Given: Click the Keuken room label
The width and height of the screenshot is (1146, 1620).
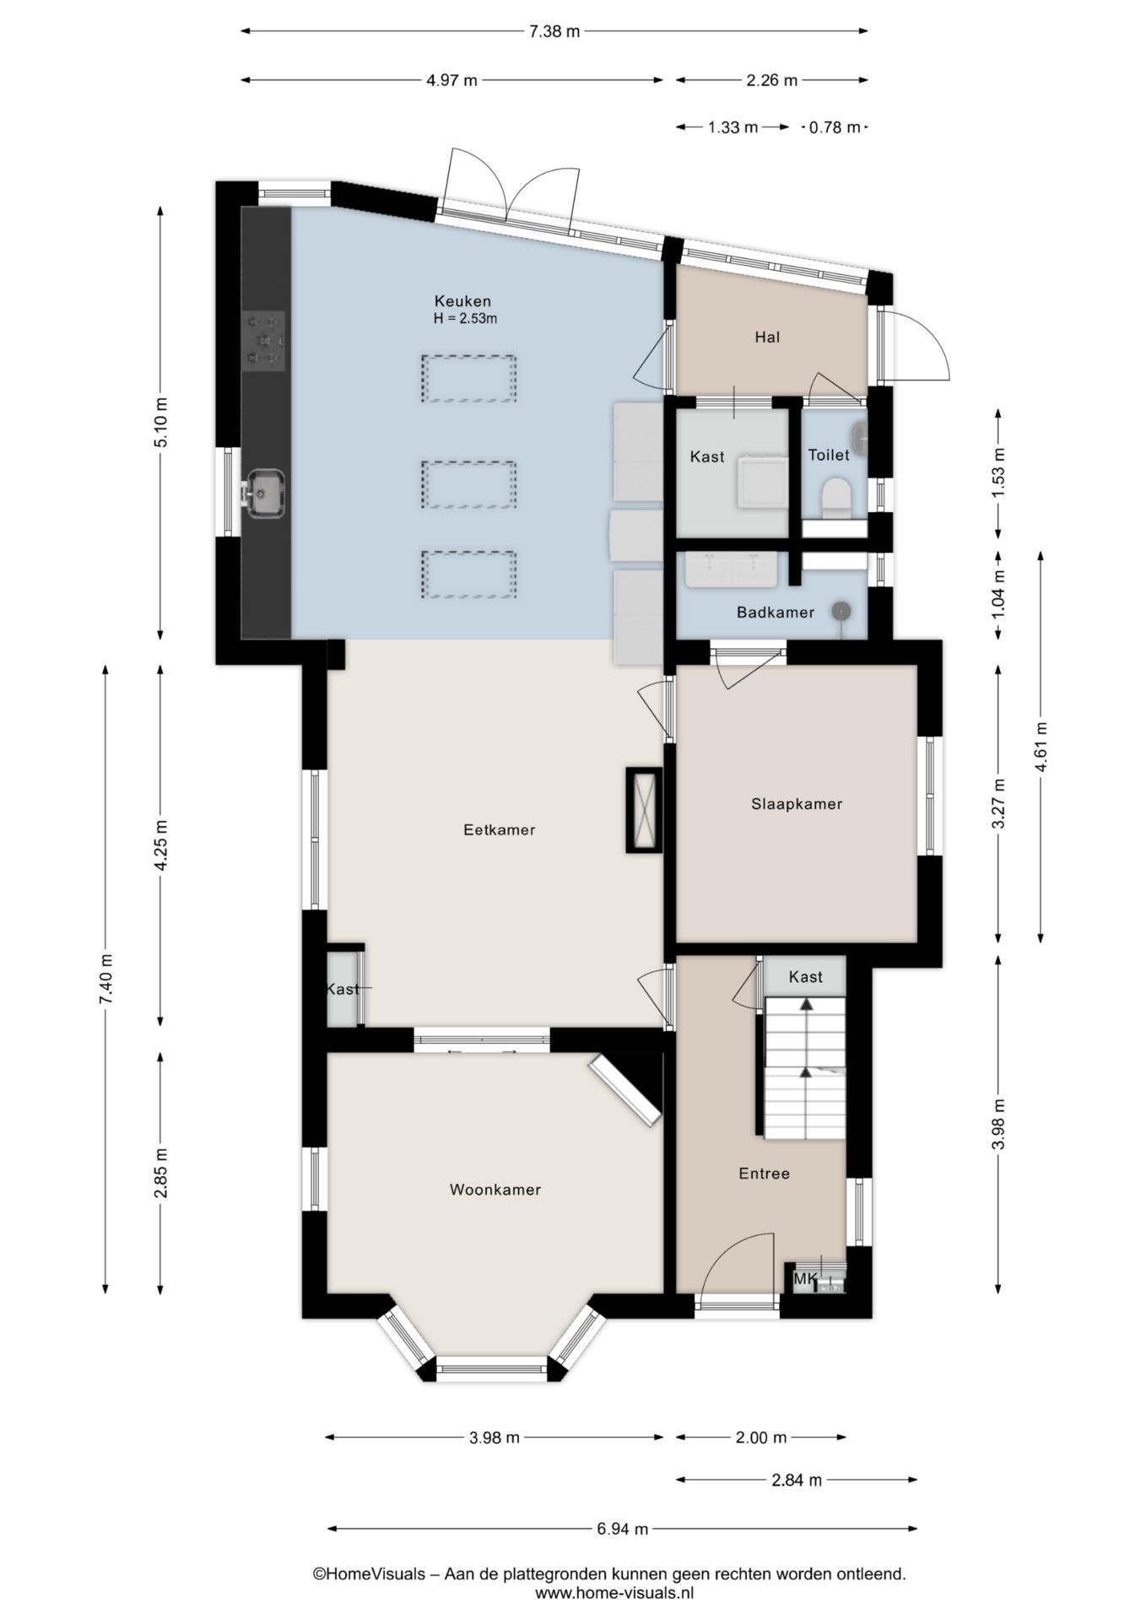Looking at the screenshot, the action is pyautogui.click(x=462, y=301).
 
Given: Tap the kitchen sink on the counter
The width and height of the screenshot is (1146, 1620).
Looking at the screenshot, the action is pyautogui.click(x=263, y=494).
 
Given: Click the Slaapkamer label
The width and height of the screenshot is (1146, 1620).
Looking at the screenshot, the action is pyautogui.click(x=797, y=804).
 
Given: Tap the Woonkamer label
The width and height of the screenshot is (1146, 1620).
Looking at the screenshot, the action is pyautogui.click(x=495, y=1190).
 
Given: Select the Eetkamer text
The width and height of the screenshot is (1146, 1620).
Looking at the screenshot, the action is pyautogui.click(x=500, y=829).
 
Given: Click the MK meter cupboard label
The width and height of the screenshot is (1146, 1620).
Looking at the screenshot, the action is pyautogui.click(x=804, y=1279).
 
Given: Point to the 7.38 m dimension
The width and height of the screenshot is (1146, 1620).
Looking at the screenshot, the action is pyautogui.click(x=554, y=32).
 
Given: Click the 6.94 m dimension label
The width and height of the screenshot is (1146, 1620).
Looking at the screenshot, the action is pyautogui.click(x=622, y=1528).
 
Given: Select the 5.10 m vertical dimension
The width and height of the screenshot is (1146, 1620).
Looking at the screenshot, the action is pyautogui.click(x=161, y=423).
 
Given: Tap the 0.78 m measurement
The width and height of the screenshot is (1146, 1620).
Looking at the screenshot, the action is pyautogui.click(x=835, y=127).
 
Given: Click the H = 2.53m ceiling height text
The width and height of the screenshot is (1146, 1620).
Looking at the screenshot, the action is pyautogui.click(x=465, y=319).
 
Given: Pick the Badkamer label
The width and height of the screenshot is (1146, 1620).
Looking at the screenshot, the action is pyautogui.click(x=776, y=613).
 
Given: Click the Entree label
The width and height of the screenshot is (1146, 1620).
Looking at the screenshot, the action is pyautogui.click(x=764, y=1174).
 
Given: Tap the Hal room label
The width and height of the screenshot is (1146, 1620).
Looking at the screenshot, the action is pyautogui.click(x=767, y=337).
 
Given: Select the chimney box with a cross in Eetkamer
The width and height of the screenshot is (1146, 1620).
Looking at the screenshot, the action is pyautogui.click(x=644, y=810).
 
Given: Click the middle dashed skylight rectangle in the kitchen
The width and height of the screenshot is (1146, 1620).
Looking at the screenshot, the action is pyautogui.click(x=469, y=484).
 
